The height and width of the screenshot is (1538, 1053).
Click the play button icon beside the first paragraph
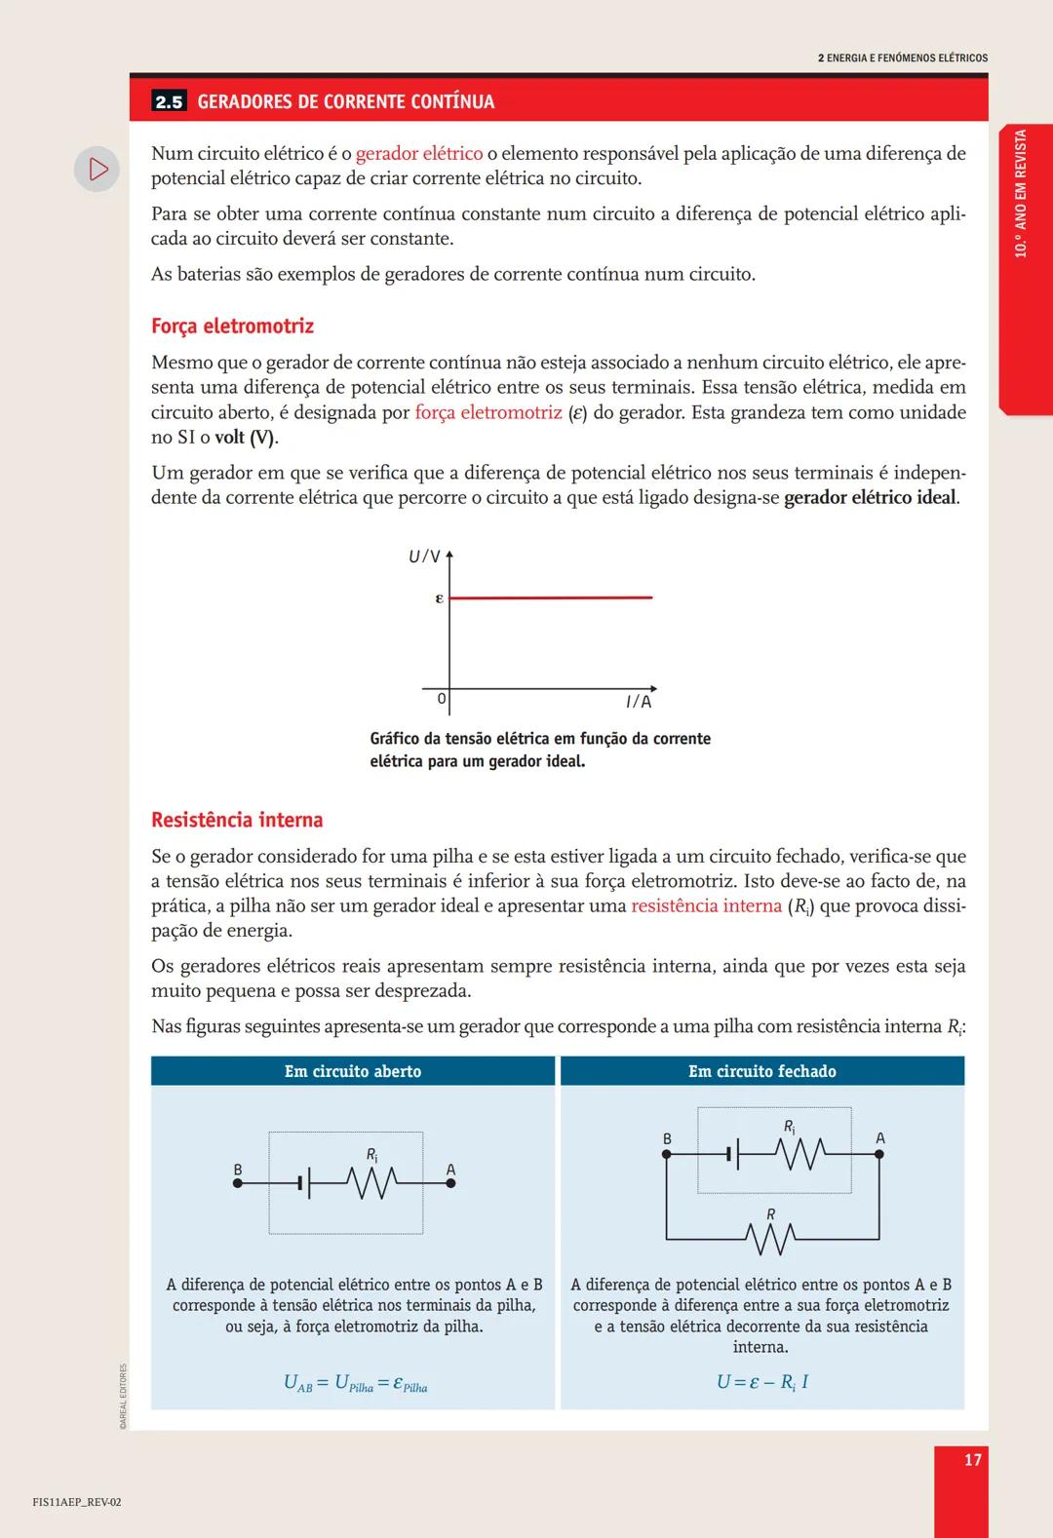[x=97, y=169]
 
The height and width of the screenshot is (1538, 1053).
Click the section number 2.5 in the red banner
[x=169, y=101]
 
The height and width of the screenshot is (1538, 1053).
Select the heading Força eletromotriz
[x=232, y=326]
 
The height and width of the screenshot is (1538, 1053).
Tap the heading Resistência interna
[x=237, y=820]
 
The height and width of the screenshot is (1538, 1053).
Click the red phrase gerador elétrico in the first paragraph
[x=419, y=154]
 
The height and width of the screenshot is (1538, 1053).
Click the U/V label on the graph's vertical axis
[x=424, y=557]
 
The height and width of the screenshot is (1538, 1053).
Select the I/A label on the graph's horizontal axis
[x=638, y=702]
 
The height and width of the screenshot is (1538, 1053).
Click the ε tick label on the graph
[x=439, y=597]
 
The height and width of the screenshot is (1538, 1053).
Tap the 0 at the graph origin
[x=442, y=699]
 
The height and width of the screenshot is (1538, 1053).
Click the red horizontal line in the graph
[x=551, y=596]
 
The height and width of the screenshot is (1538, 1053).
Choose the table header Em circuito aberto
[x=353, y=1071]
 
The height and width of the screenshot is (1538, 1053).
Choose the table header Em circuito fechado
[x=761, y=1071]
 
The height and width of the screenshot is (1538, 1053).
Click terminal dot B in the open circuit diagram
[x=238, y=1183]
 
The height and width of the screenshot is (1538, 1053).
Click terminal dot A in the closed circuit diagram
[x=878, y=1154]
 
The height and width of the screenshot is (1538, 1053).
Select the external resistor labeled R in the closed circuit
[x=771, y=1239]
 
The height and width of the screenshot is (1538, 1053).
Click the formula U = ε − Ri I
[x=761, y=1382]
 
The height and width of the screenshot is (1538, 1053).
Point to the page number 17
[x=972, y=1459]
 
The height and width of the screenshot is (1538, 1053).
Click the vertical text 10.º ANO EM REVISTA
[x=1021, y=193]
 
